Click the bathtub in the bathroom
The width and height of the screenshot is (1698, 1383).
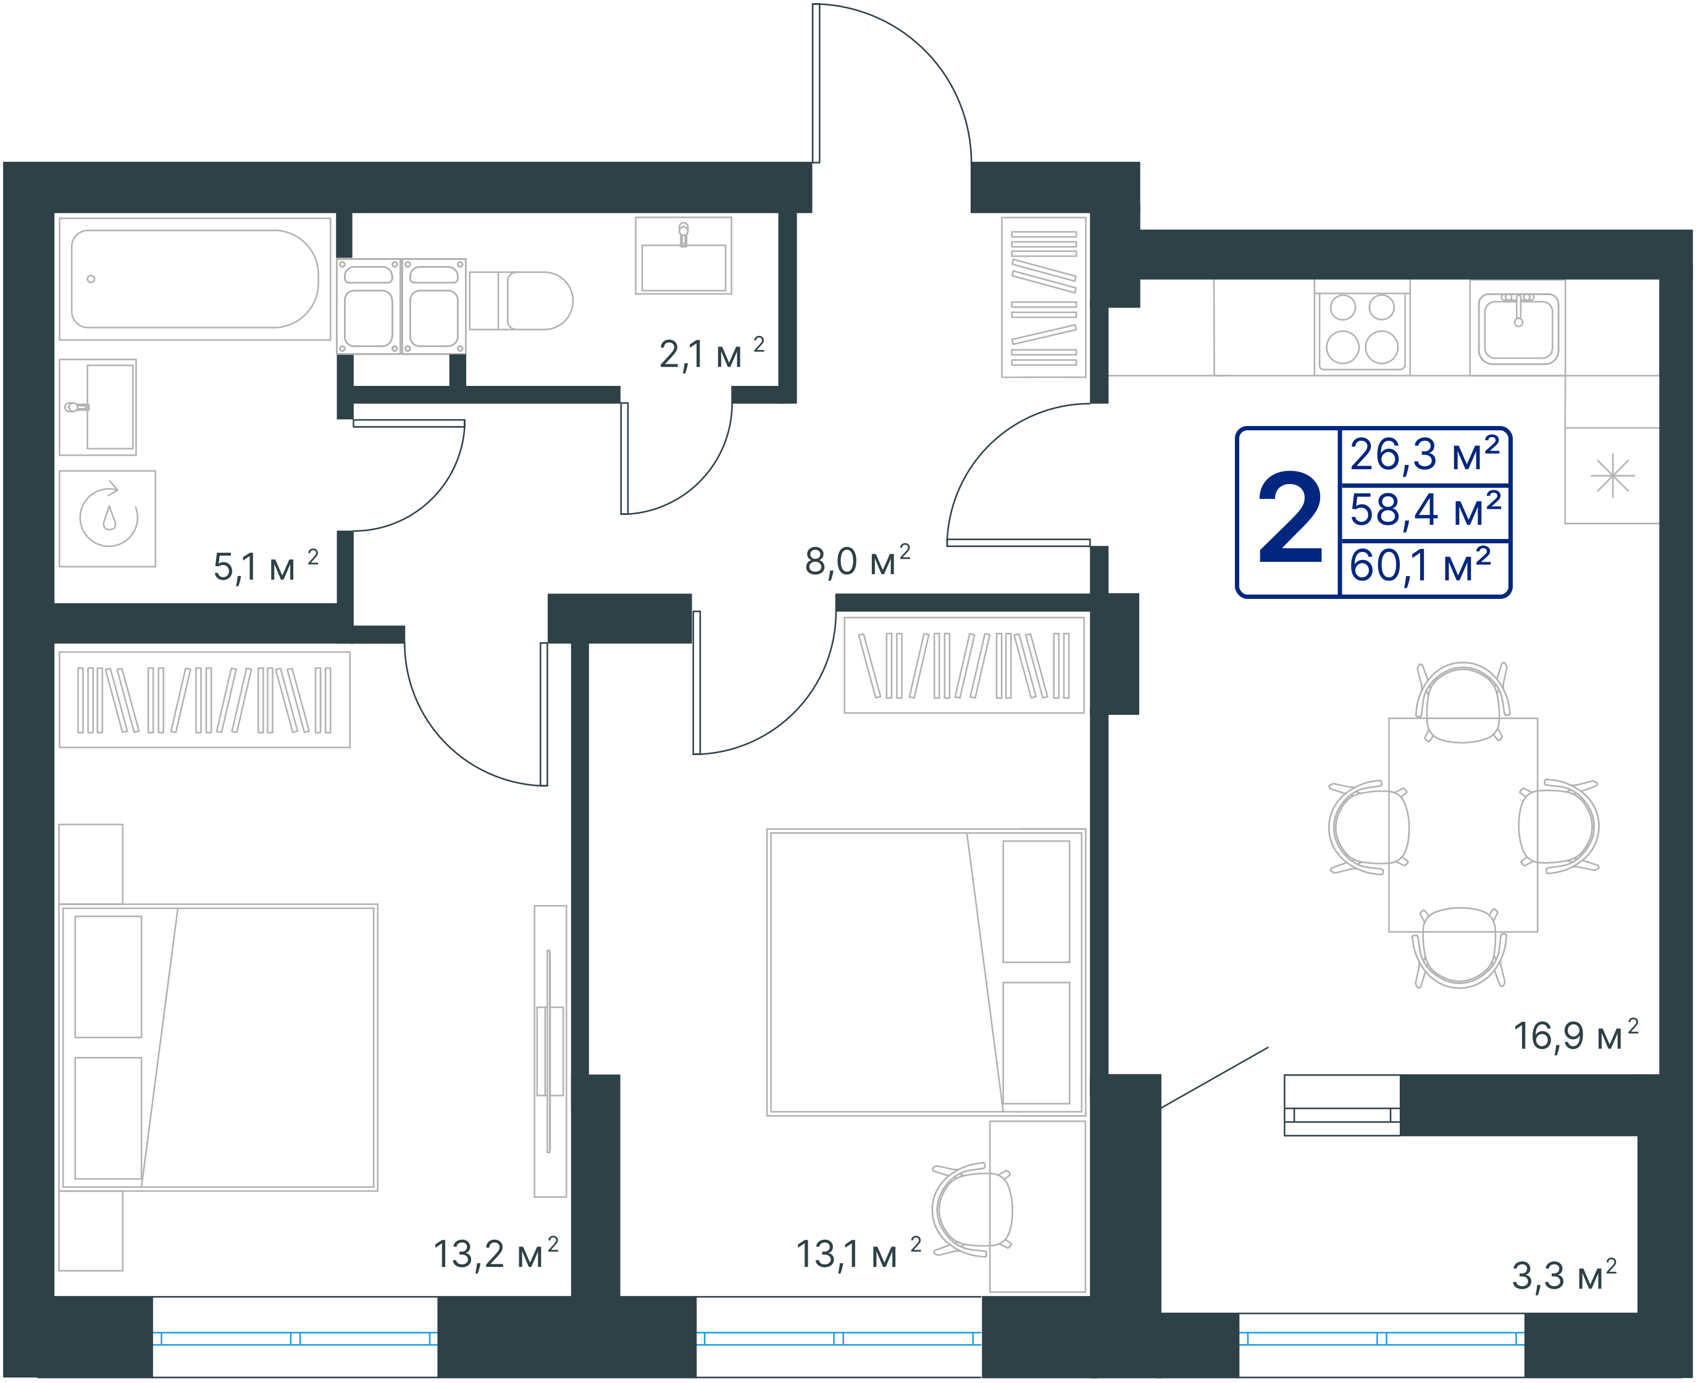pos(194,279)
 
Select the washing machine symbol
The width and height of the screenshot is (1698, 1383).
pos(107,519)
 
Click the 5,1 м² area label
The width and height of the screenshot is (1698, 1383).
pos(266,566)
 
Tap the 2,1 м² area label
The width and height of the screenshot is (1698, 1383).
pos(711,353)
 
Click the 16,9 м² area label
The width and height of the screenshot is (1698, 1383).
pos(1575,1035)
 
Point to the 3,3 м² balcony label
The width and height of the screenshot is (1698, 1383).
pos(1564,1275)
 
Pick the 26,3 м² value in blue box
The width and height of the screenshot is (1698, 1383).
pos(1424,454)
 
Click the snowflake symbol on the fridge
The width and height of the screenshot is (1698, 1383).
pos(1612,475)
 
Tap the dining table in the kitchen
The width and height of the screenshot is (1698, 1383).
pos(1463,824)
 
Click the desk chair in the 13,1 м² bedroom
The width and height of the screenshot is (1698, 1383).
pos(972,1210)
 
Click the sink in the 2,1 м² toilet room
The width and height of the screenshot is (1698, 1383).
pos(683,256)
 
